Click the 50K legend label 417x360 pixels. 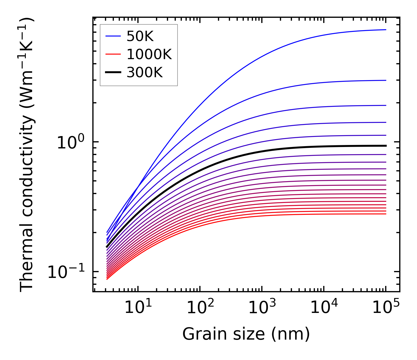pos(140,36)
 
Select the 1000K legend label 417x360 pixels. pos(149,55)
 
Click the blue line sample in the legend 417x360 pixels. pos(114,36)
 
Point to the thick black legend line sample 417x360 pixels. pos(114,73)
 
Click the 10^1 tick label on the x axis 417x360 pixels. pos(138,308)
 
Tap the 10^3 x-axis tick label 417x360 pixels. pos(262,308)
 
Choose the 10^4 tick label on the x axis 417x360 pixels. pos(324,308)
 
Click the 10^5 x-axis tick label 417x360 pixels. pos(386,308)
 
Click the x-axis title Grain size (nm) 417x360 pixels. pos(246,334)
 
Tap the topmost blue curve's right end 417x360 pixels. pos(385,30)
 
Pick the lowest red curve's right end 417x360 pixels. pos(385,214)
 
